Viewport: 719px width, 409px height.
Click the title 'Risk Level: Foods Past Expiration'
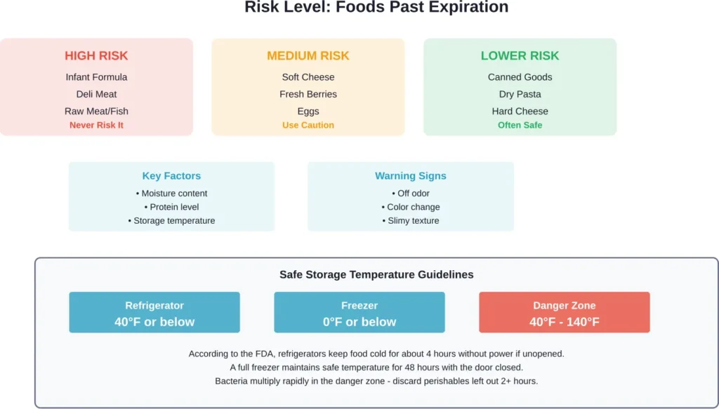[x=376, y=8]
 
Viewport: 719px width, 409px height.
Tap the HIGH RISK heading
[x=96, y=56]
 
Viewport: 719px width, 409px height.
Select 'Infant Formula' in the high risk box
[x=96, y=77]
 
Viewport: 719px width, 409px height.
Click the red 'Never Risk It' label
[x=96, y=125]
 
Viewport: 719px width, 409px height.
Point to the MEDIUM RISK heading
[x=308, y=56]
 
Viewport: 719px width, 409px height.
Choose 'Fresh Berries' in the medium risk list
[x=308, y=94]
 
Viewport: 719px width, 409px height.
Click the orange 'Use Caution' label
[x=308, y=125]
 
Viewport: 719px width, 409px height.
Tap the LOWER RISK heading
[x=520, y=56]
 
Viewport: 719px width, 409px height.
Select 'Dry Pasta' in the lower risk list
[x=520, y=94]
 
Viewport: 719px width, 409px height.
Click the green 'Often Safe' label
[x=520, y=125]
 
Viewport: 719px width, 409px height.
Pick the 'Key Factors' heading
[x=171, y=176]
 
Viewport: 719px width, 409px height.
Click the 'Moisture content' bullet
[x=171, y=194]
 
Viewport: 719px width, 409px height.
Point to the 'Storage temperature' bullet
[x=171, y=220]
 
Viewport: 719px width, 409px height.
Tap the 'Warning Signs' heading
[x=410, y=176]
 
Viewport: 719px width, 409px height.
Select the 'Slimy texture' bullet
[x=410, y=220]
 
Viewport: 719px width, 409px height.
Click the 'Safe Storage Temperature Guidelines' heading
[x=376, y=275]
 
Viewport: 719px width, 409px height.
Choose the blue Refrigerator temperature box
[x=154, y=313]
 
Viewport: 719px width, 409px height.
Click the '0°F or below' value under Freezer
[x=359, y=322]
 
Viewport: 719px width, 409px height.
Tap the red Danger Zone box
[x=564, y=313]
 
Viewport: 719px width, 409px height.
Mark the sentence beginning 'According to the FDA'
[x=376, y=354]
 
